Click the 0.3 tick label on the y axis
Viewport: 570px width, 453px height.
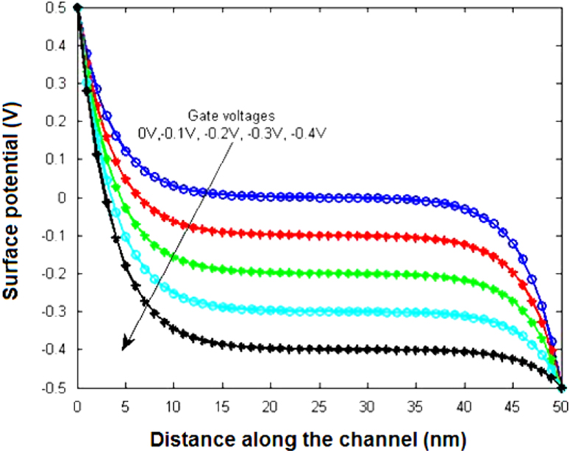click(60, 83)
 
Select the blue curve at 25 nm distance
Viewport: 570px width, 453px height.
click(319, 197)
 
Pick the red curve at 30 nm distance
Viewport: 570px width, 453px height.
click(368, 235)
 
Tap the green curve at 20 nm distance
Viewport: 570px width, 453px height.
click(271, 272)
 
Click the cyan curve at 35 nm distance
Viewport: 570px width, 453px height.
click(416, 312)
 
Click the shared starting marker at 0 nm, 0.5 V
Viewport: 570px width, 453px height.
click(77, 8)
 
